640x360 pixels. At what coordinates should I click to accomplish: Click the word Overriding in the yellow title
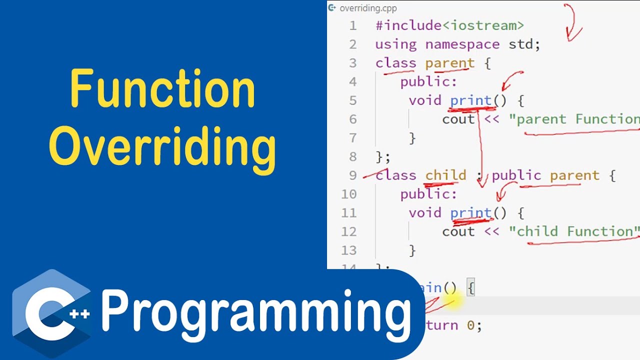coord(162,146)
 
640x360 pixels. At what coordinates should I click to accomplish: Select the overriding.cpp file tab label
coord(361,8)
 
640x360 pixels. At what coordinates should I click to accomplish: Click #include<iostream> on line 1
coord(449,25)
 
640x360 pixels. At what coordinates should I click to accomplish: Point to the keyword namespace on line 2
coord(462,44)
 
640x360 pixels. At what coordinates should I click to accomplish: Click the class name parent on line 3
coord(449,63)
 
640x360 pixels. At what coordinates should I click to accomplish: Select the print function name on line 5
coord(471,100)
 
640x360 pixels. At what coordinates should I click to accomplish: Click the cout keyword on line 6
coord(458,119)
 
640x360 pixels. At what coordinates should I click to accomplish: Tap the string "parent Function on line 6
coord(574,119)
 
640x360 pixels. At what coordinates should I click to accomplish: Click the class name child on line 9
coord(445,175)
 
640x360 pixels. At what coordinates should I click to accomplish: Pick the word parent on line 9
coord(574,175)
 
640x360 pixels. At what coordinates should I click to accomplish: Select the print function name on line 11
coord(471,213)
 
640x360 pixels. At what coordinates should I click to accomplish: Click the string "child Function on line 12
coord(574,231)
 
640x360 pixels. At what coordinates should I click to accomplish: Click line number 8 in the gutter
coord(353,157)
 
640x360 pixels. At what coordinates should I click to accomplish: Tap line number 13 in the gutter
coord(349,250)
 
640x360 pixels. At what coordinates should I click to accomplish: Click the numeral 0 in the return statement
coord(470,325)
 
